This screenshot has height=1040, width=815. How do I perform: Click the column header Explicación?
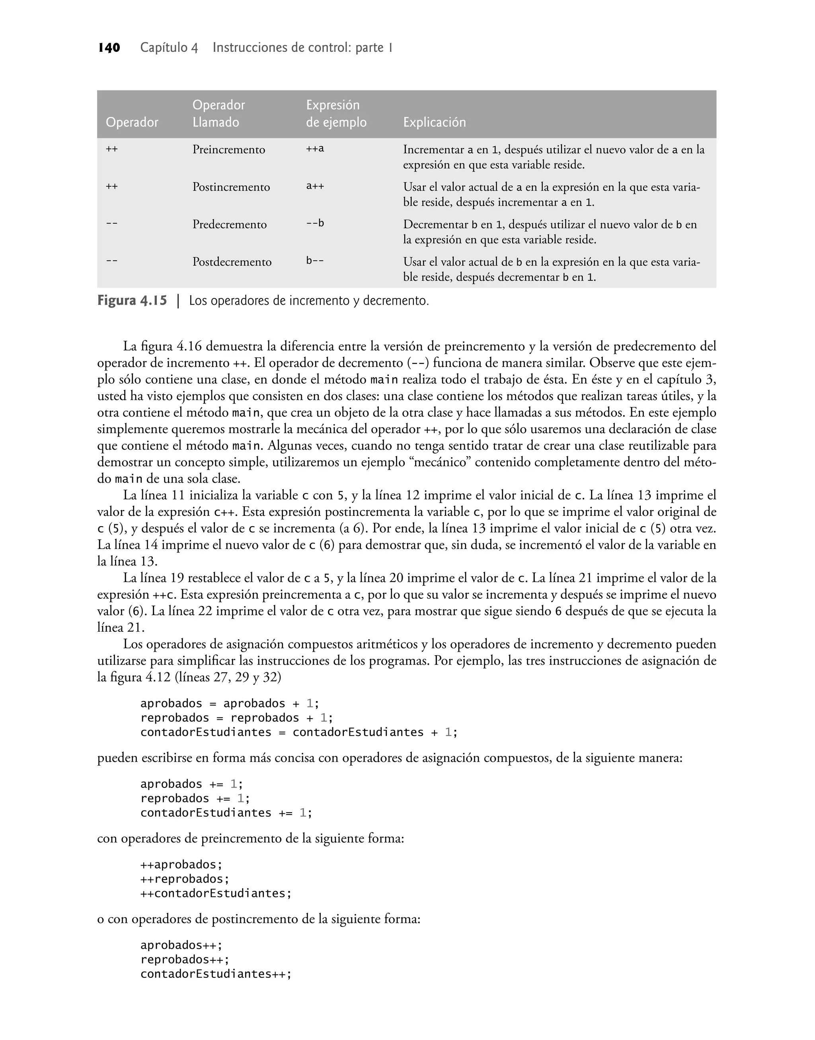point(434,122)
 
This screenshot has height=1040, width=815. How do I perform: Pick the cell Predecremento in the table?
point(230,224)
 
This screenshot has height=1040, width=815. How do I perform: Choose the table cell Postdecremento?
point(232,262)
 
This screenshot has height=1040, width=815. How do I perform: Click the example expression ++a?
point(315,149)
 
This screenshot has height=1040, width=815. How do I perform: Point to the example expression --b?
point(315,223)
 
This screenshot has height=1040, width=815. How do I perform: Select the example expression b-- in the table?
point(315,261)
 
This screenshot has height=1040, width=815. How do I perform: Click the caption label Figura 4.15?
point(132,301)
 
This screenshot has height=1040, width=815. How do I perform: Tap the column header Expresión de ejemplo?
point(336,114)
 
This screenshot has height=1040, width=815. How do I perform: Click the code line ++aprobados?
point(181,865)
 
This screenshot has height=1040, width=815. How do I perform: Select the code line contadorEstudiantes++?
point(216,975)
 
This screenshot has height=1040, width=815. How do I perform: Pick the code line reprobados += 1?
point(195,798)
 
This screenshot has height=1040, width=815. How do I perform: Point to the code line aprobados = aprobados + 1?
point(230,703)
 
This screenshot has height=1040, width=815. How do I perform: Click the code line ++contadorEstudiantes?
point(216,893)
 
